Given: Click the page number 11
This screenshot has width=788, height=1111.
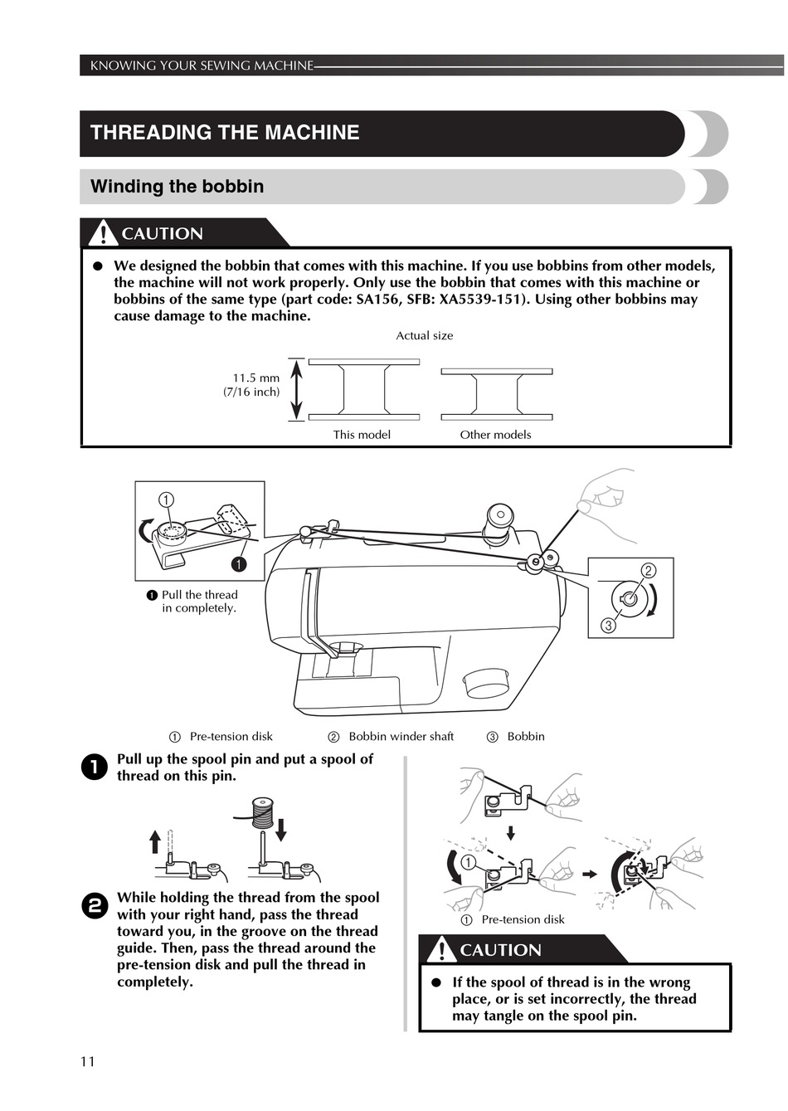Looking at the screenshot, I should (88, 1062).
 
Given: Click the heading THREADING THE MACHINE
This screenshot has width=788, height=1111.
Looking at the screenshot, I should (225, 133).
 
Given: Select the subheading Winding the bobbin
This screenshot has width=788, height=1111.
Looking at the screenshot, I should (177, 187).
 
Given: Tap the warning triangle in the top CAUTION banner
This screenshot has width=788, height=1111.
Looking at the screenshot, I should (102, 233).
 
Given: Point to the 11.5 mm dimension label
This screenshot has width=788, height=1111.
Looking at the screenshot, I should (255, 378).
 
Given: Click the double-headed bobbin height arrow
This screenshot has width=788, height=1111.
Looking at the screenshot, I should (297, 389).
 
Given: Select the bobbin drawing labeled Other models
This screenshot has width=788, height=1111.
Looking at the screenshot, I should (496, 392).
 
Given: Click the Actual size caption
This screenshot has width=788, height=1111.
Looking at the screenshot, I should (424, 336).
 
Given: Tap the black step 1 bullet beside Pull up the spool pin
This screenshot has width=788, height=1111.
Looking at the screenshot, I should (95, 767).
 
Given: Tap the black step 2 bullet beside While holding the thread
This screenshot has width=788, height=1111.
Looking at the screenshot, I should (95, 906).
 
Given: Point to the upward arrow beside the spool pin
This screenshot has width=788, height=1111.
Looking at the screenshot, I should (155, 841).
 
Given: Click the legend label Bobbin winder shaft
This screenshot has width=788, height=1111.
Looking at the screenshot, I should (401, 737).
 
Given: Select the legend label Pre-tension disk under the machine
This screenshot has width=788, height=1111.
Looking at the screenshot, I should (231, 737).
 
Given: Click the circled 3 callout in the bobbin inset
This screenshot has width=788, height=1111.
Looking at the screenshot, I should (608, 626).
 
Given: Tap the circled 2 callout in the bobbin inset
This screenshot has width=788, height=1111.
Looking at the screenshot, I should (649, 570).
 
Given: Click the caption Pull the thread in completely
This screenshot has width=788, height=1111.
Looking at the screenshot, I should (199, 602).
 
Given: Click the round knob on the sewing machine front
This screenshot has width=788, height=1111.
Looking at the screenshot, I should (487, 683).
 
